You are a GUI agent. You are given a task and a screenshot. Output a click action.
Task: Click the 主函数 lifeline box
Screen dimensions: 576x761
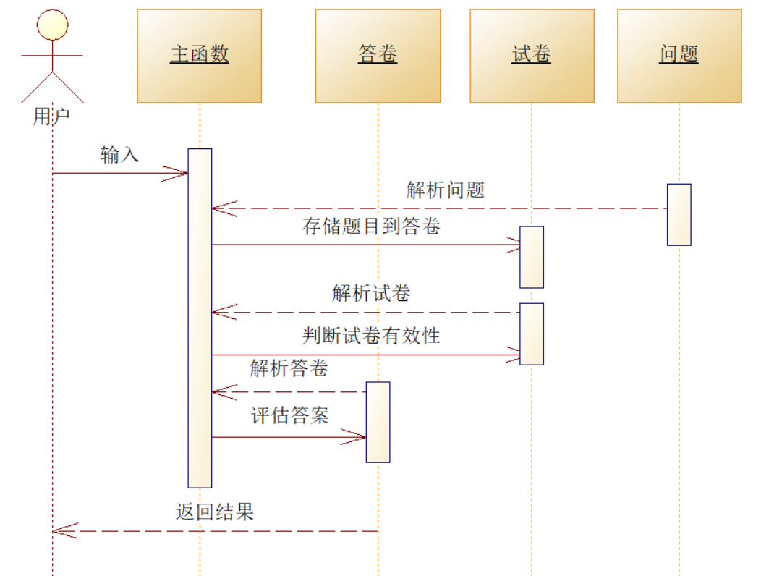[x=199, y=56]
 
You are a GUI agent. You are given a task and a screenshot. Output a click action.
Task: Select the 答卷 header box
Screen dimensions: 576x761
[x=378, y=56]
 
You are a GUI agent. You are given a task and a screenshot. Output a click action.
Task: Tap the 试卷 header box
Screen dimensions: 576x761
[x=532, y=56]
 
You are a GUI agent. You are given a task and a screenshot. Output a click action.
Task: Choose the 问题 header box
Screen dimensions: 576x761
[x=679, y=56]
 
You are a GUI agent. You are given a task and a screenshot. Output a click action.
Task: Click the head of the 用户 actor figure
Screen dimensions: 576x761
[x=53, y=25]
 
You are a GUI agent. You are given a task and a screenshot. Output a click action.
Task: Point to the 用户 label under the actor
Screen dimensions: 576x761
[x=51, y=117]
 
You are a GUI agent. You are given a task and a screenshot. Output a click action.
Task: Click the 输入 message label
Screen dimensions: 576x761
[x=120, y=155]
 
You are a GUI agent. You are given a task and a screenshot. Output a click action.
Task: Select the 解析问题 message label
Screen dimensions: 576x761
[x=446, y=190]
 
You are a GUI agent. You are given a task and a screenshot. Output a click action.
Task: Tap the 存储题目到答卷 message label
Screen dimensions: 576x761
[x=371, y=226]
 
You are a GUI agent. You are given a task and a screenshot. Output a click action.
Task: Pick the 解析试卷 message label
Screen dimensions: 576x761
[x=372, y=293]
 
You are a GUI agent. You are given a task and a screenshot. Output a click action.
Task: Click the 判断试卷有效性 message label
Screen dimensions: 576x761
[x=371, y=336]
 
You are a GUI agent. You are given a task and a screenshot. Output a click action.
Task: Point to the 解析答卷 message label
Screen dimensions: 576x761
[x=289, y=368]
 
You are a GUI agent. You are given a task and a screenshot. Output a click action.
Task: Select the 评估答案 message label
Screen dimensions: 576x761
[x=290, y=415]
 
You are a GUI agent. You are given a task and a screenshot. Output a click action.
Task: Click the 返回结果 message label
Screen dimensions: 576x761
[x=215, y=512]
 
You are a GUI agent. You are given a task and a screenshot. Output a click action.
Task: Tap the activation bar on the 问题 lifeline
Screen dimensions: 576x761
[x=679, y=214]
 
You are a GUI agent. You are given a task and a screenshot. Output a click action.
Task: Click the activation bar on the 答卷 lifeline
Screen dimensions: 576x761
[x=378, y=421]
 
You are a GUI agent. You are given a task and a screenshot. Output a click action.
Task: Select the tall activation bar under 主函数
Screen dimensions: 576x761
[x=200, y=318]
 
